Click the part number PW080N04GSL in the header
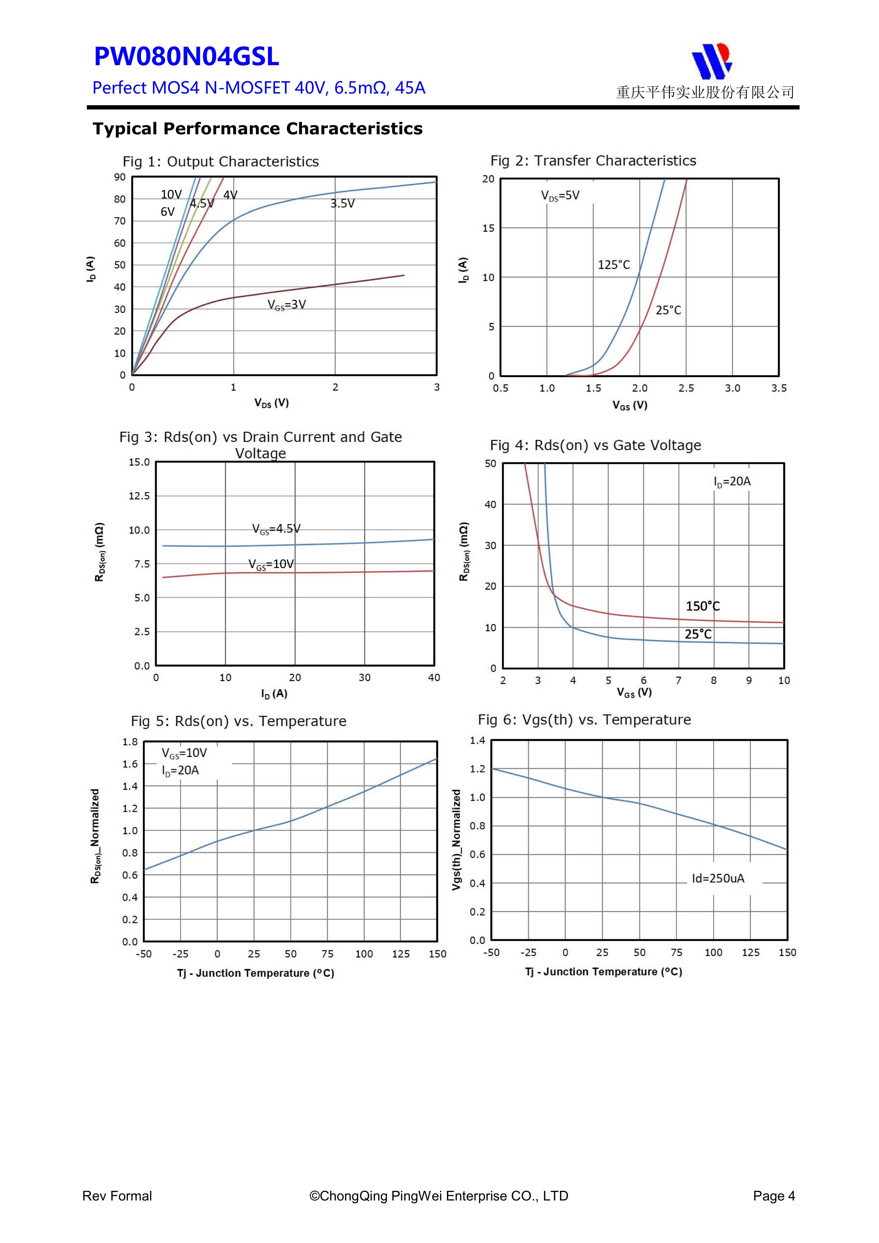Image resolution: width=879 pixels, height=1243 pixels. tap(186, 57)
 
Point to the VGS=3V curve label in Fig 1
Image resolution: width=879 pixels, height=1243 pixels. tap(286, 305)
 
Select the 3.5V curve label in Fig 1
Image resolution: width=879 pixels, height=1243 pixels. tap(342, 203)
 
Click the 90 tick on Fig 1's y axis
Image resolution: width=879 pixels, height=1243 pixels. tap(120, 177)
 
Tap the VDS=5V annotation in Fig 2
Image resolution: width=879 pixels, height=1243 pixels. tap(560, 196)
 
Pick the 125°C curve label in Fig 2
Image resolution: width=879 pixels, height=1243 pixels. tap(614, 265)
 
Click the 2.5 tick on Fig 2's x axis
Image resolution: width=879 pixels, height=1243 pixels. tap(685, 388)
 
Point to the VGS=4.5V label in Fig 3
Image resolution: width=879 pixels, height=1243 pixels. tap(276, 529)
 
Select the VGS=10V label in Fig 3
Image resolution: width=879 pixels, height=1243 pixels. tap(271, 564)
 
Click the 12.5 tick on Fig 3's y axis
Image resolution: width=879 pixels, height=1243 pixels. tap(139, 496)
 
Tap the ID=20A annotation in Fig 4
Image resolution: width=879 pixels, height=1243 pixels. tap(732, 481)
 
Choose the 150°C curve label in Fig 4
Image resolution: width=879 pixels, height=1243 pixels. tap(702, 606)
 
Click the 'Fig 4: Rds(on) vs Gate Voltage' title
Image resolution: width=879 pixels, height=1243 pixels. tap(595, 445)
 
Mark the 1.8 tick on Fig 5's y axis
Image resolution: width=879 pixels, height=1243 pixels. tap(130, 742)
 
